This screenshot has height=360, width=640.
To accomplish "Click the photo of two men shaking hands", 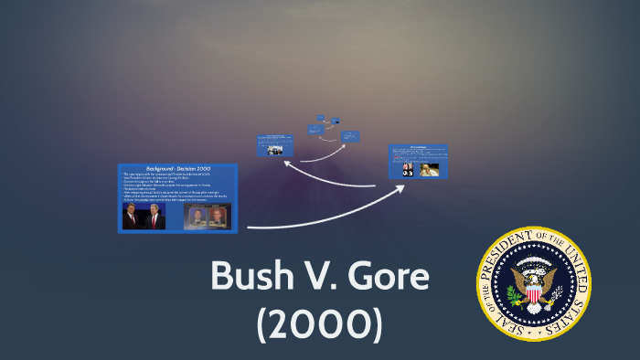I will [x=144, y=217].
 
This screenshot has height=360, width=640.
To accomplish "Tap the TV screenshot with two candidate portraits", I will [x=207, y=217].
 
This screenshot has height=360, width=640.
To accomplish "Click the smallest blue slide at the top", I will [x=322, y=118].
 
